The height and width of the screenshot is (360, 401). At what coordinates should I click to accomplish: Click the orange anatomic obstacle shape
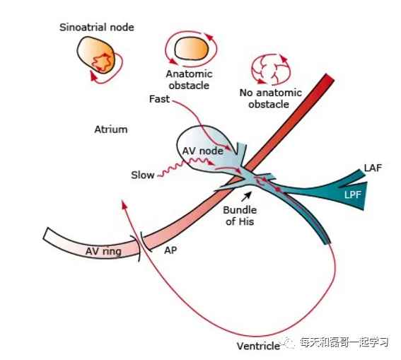pos(189,48)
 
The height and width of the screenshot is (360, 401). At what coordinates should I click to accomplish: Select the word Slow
pos(142,175)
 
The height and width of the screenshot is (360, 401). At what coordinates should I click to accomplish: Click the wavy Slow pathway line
pos(173,167)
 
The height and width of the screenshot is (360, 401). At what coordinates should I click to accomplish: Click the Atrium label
pos(110,129)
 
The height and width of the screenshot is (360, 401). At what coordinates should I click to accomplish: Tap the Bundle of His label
pos(238,216)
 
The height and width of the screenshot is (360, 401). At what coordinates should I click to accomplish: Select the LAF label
pos(373,167)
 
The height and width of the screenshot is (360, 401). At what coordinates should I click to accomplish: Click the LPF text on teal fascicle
pos(350,192)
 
